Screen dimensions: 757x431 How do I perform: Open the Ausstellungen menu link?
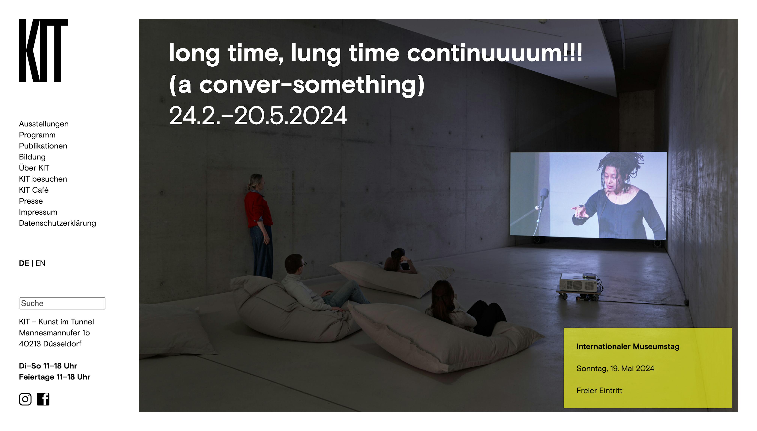pyautogui.click(x=43, y=124)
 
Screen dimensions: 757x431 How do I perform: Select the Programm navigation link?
pyautogui.click(x=37, y=135)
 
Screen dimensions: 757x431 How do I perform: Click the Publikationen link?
pyautogui.click(x=43, y=146)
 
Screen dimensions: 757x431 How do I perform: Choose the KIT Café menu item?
pyautogui.click(x=34, y=190)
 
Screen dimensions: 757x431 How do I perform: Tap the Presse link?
pyautogui.click(x=31, y=201)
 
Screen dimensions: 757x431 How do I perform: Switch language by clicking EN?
pyautogui.click(x=40, y=263)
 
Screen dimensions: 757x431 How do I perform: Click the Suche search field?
pyautogui.click(x=62, y=303)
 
